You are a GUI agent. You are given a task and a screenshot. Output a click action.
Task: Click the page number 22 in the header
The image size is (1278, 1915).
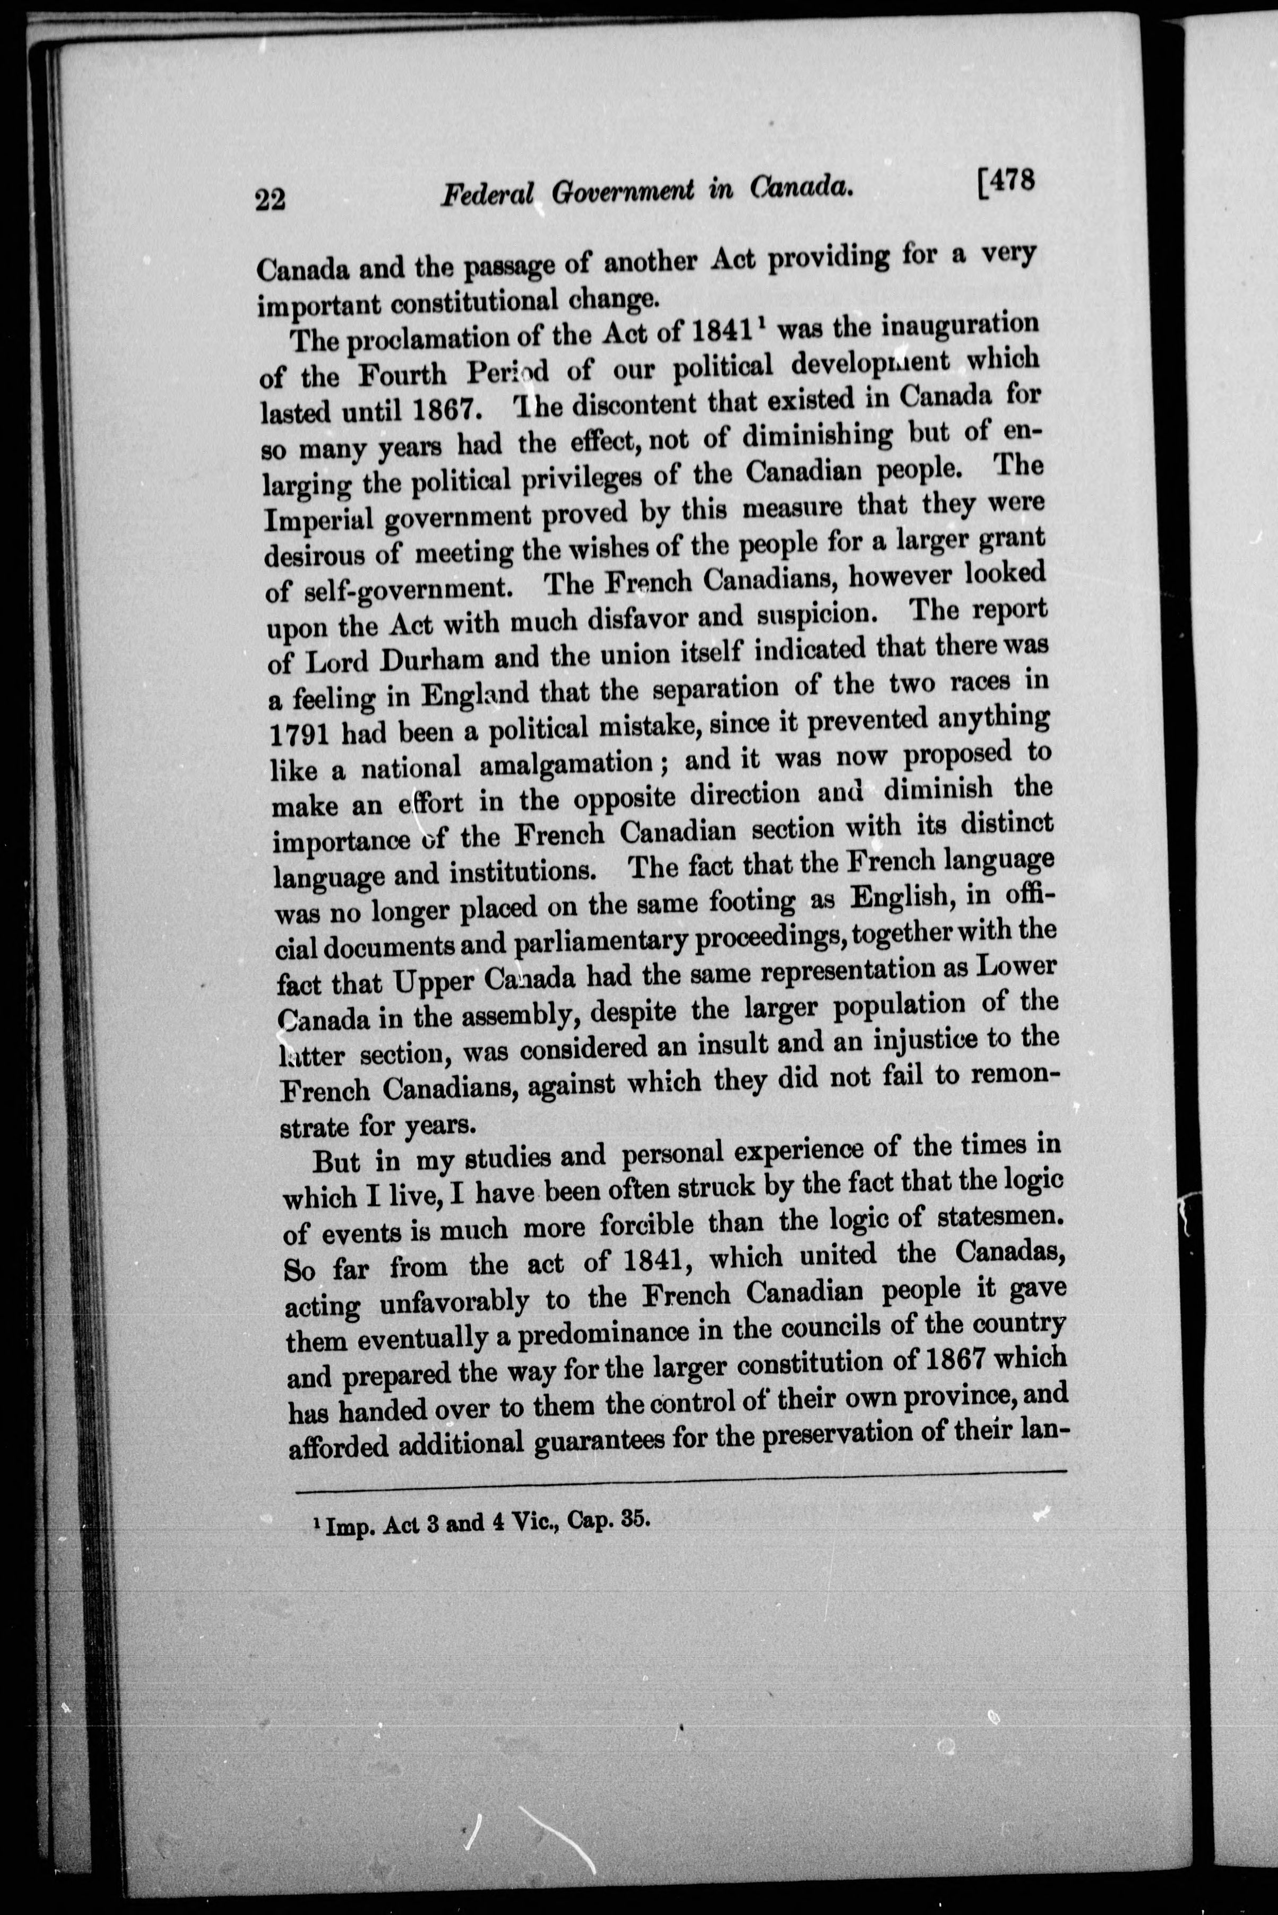[x=270, y=199]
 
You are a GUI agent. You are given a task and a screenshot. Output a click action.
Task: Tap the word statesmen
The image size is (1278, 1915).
[x=1000, y=1220]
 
